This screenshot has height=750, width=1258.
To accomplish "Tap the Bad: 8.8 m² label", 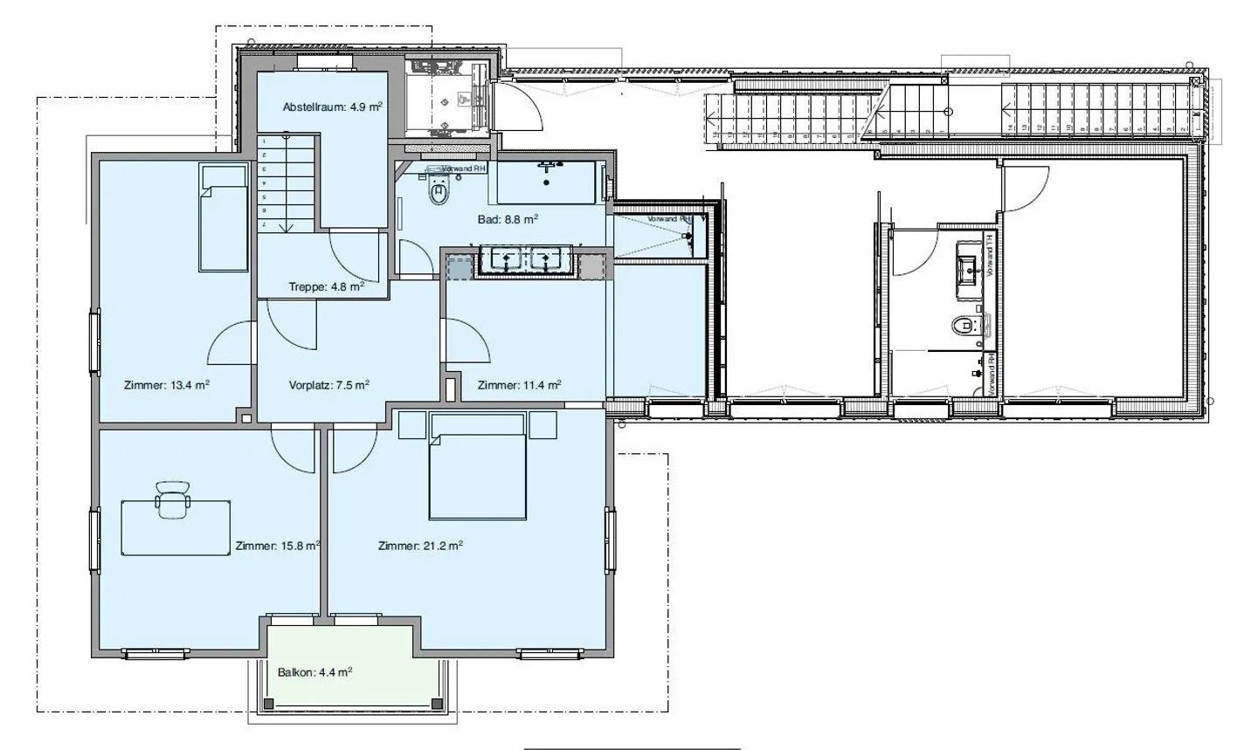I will coord(508,220).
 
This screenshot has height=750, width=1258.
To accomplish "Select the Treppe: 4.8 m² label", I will coord(326,286).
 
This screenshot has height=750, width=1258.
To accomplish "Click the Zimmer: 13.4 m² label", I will coord(166,385).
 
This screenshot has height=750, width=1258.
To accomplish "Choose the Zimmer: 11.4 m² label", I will coord(519,385).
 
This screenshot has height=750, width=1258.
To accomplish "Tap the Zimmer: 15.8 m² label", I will coord(277,547).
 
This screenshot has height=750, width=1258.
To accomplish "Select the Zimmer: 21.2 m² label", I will coord(420,547).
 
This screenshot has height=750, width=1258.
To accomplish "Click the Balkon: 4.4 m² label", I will coord(314,673).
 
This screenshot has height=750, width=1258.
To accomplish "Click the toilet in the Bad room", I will coord(439,191).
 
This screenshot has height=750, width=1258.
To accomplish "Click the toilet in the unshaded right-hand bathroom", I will coord(963,326).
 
